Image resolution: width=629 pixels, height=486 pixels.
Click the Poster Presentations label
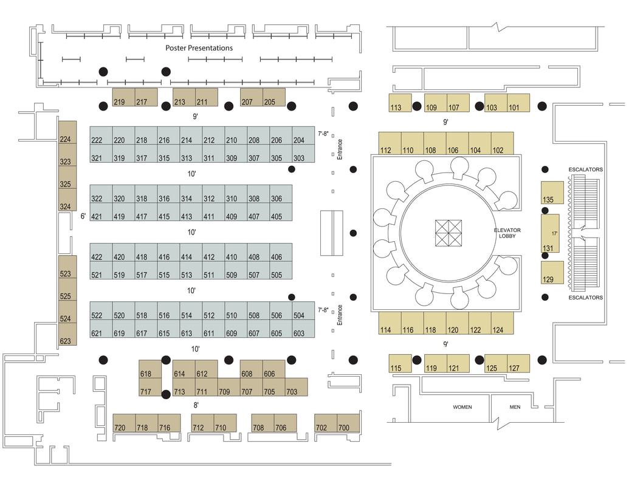199,48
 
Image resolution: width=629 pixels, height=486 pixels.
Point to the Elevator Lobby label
507,234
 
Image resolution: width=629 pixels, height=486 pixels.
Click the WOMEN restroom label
462,407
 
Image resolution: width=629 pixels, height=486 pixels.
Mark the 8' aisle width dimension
196,405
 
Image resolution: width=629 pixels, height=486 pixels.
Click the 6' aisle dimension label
83,216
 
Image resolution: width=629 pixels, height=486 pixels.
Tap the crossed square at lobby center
448,233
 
